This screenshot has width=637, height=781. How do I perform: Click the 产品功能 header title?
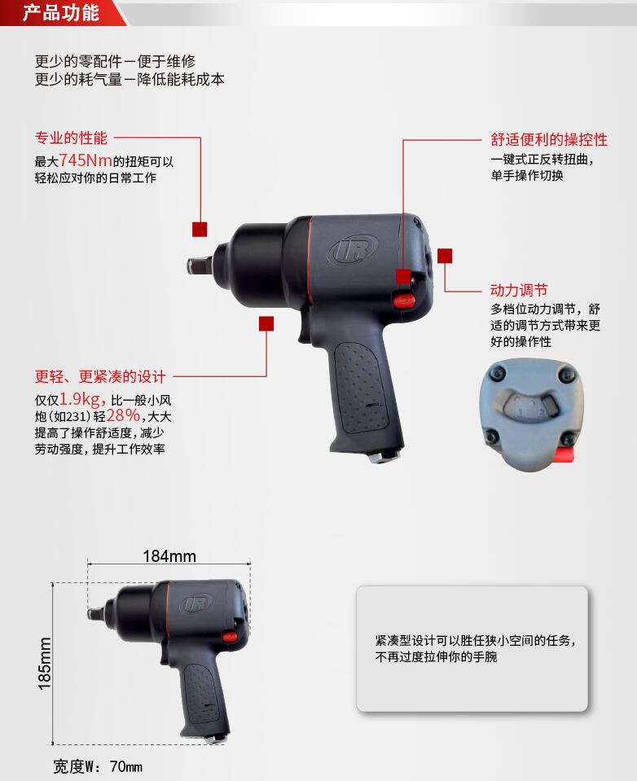pyautogui.click(x=61, y=13)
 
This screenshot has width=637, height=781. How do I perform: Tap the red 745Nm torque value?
pyautogui.click(x=86, y=160)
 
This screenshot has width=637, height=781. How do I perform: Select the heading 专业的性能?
pyautogui.click(x=71, y=138)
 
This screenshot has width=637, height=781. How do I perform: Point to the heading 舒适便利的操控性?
pyautogui.click(x=549, y=139)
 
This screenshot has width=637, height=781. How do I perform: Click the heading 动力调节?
pyautogui.click(x=519, y=290)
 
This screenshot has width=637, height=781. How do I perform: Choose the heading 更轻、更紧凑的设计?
pyautogui.click(x=100, y=376)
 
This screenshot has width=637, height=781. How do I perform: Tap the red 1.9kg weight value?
pyautogui.click(x=81, y=399)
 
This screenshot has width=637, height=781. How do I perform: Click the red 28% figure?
pyautogui.click(x=123, y=415)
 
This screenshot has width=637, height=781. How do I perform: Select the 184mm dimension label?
pyautogui.click(x=169, y=556)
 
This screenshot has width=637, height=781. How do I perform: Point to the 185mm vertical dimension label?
pyautogui.click(x=45, y=664)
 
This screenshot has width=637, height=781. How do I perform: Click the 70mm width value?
pyautogui.click(x=126, y=766)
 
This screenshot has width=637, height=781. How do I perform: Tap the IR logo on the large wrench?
pyautogui.click(x=353, y=249)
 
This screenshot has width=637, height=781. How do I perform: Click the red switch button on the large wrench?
pyautogui.click(x=403, y=300)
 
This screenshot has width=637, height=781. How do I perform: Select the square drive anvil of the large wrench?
pyautogui.click(x=200, y=265)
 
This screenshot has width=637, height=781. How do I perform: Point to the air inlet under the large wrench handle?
pyautogui.click(x=385, y=454)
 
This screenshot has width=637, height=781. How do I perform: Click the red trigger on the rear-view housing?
pyautogui.click(x=565, y=454)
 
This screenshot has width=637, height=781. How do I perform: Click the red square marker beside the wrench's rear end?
pyautogui.click(x=445, y=256)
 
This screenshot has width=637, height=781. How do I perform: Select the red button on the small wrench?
pyautogui.click(x=229, y=636)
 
